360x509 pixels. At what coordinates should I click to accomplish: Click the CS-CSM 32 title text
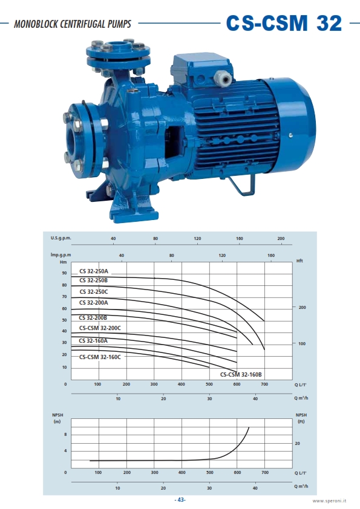tap(284, 23)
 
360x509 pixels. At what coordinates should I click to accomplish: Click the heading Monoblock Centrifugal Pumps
tap(73, 24)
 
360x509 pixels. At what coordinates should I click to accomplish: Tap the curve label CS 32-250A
tap(94, 271)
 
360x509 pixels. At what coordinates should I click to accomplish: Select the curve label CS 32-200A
tap(94, 302)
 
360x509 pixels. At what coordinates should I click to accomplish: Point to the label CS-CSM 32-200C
tap(100, 328)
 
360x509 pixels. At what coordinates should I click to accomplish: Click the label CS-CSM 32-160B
tap(241, 375)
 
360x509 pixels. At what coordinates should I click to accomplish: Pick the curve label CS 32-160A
tap(93, 340)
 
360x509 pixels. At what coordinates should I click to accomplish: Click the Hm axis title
tap(63, 262)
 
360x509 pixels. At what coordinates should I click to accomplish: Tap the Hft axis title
tap(299, 261)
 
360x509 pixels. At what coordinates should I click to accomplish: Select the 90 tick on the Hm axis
tap(64, 273)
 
